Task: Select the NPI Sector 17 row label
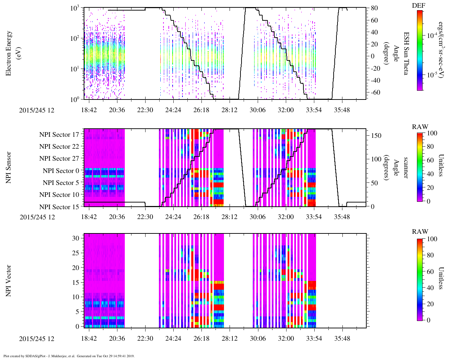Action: click(x=59, y=135)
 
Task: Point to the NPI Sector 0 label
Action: click(x=61, y=171)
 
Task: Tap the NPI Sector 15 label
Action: click(x=59, y=207)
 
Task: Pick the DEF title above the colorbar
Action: click(x=419, y=6)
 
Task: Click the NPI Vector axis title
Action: click(x=9, y=281)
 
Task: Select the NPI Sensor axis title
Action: click(x=9, y=167)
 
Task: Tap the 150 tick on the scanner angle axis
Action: click(x=376, y=136)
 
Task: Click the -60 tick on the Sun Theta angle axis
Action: click(x=373, y=92)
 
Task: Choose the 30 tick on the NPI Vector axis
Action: click(x=76, y=238)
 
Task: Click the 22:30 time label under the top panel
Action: click(x=145, y=110)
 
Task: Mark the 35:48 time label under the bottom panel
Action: click(x=342, y=339)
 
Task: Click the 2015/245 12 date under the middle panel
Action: click(x=37, y=217)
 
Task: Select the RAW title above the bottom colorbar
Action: click(x=420, y=232)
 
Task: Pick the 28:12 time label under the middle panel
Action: click(x=229, y=217)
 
